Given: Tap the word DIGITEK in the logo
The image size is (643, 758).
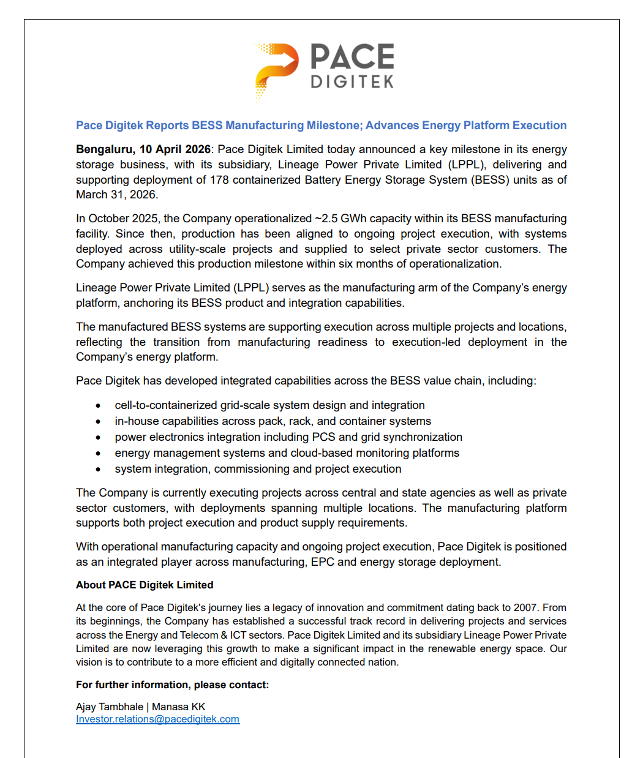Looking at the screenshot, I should click(352, 81).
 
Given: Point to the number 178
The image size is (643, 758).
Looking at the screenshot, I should click(220, 180).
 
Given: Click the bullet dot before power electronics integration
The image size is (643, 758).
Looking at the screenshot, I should click(98, 438).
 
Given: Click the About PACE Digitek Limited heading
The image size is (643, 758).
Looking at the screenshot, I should click(145, 585).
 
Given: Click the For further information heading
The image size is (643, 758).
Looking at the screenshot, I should click(172, 685).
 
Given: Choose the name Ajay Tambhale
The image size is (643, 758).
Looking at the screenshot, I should click(110, 707).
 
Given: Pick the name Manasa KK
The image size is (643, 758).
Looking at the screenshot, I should click(179, 707).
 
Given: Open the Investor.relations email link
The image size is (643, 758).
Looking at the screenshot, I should click(157, 719).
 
